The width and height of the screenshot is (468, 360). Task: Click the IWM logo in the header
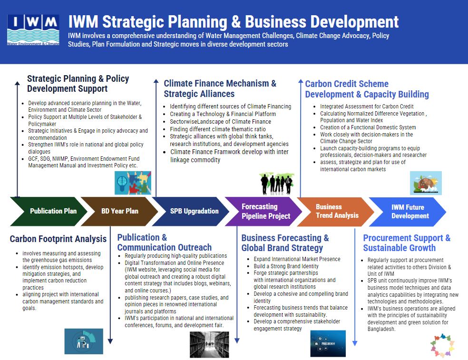(x=33, y=30)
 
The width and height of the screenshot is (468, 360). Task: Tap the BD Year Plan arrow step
(x=119, y=211)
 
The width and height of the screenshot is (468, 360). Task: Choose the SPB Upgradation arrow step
(x=194, y=211)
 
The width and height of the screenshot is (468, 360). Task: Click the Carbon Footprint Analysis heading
(x=58, y=239)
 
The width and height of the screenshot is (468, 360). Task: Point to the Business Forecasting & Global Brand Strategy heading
(x=284, y=243)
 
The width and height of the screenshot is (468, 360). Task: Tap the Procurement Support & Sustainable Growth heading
(x=406, y=243)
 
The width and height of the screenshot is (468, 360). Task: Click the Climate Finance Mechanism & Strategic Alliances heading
(x=220, y=88)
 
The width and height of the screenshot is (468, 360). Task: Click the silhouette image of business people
(x=277, y=183)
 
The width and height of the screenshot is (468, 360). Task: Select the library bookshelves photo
(x=209, y=344)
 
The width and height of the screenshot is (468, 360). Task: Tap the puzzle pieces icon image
(x=133, y=183)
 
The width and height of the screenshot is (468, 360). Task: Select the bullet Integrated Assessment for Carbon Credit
(x=367, y=107)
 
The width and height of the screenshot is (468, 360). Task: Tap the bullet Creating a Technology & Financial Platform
(x=223, y=114)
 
